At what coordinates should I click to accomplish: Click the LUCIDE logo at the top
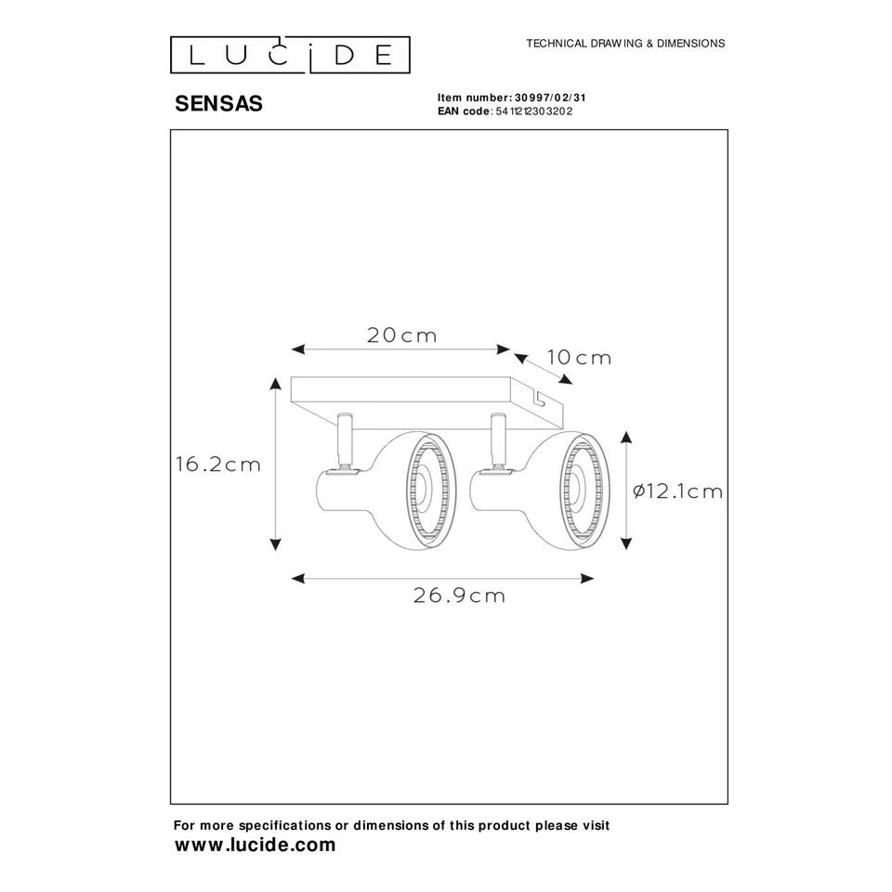coord(289,55)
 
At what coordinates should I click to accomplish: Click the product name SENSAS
coord(219,104)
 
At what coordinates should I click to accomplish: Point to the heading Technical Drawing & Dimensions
coord(625,44)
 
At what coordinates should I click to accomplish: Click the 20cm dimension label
coord(401,335)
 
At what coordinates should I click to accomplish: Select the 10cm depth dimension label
coord(579,358)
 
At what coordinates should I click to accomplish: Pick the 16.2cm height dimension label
coord(218,466)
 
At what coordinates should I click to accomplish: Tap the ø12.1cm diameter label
coord(677,492)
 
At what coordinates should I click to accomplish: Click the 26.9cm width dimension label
coord(458,597)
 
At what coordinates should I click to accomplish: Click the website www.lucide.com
coord(256,845)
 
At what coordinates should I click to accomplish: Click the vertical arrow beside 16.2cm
coord(275,466)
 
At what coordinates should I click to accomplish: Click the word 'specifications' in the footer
coord(285,825)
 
